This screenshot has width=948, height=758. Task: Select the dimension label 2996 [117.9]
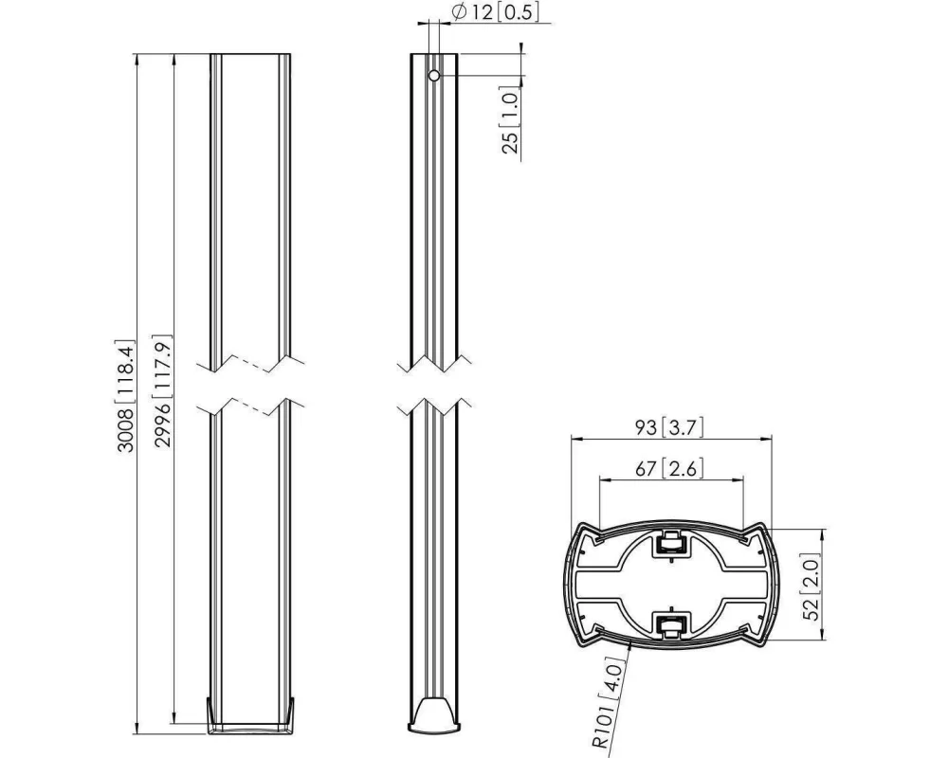(162, 395)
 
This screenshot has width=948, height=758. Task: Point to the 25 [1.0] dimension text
(510, 121)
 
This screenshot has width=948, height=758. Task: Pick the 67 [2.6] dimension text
(671, 468)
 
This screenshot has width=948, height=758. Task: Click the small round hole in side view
(433, 76)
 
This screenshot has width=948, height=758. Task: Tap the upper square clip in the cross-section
(671, 544)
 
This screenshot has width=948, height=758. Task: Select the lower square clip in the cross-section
(671, 623)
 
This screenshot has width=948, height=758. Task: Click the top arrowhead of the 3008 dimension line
(139, 60)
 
